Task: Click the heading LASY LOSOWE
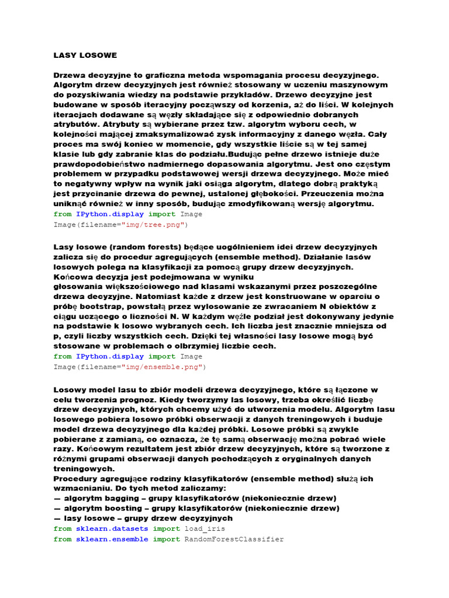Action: pyautogui.click(x=85, y=55)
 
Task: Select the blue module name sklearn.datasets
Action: pyautogui.click(x=112, y=529)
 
